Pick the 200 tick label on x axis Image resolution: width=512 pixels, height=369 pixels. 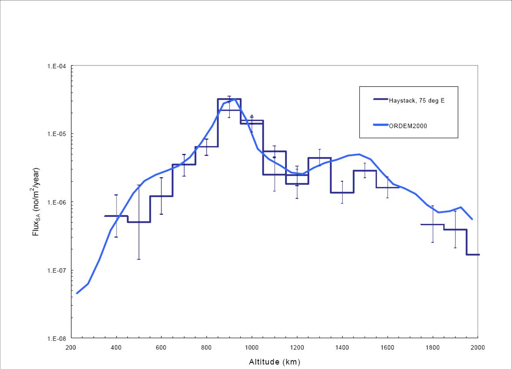(x=71, y=347)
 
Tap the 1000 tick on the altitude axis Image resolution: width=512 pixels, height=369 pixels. (x=252, y=347)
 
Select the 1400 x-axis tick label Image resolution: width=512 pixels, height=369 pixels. (x=342, y=347)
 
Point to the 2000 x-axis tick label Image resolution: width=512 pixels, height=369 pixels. (x=478, y=347)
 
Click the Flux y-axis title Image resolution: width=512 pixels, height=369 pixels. (x=37, y=202)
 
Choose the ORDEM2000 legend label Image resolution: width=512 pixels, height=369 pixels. (x=408, y=126)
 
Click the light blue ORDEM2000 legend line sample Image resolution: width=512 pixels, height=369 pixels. (x=380, y=125)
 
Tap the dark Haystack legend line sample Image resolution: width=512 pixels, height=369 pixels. (x=380, y=99)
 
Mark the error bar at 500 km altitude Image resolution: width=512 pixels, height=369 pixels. (x=139, y=222)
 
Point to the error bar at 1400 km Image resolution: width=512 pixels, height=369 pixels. (x=342, y=192)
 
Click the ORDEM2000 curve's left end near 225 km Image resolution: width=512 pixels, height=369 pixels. (x=77, y=293)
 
